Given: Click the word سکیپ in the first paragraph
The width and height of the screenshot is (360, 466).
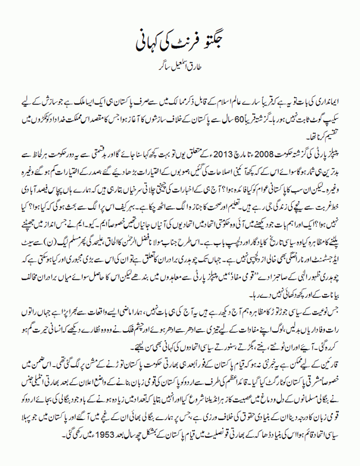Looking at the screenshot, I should (x=331, y=110).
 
